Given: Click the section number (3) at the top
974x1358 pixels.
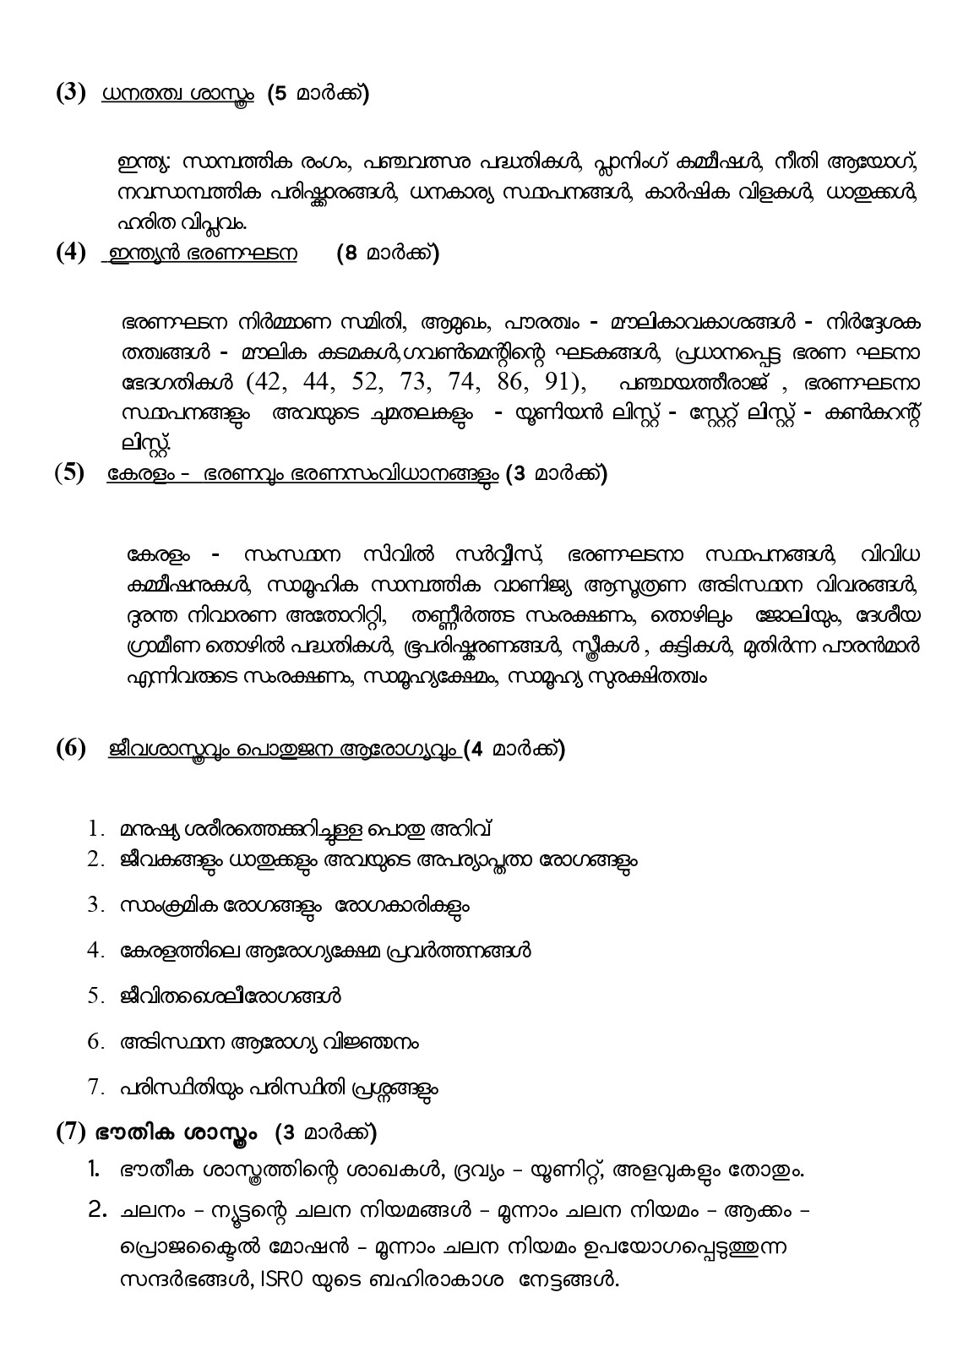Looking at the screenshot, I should coord(71,93).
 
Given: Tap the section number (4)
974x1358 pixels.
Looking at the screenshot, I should coord(71,253).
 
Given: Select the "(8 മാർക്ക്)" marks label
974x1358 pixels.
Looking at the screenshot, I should coord(387,254).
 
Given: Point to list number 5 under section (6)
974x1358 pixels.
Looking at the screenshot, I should coord(95,996).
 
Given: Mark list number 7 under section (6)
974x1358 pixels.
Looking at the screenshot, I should coord(95,1088).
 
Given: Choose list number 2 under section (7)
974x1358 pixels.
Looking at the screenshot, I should coord(96,1212).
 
